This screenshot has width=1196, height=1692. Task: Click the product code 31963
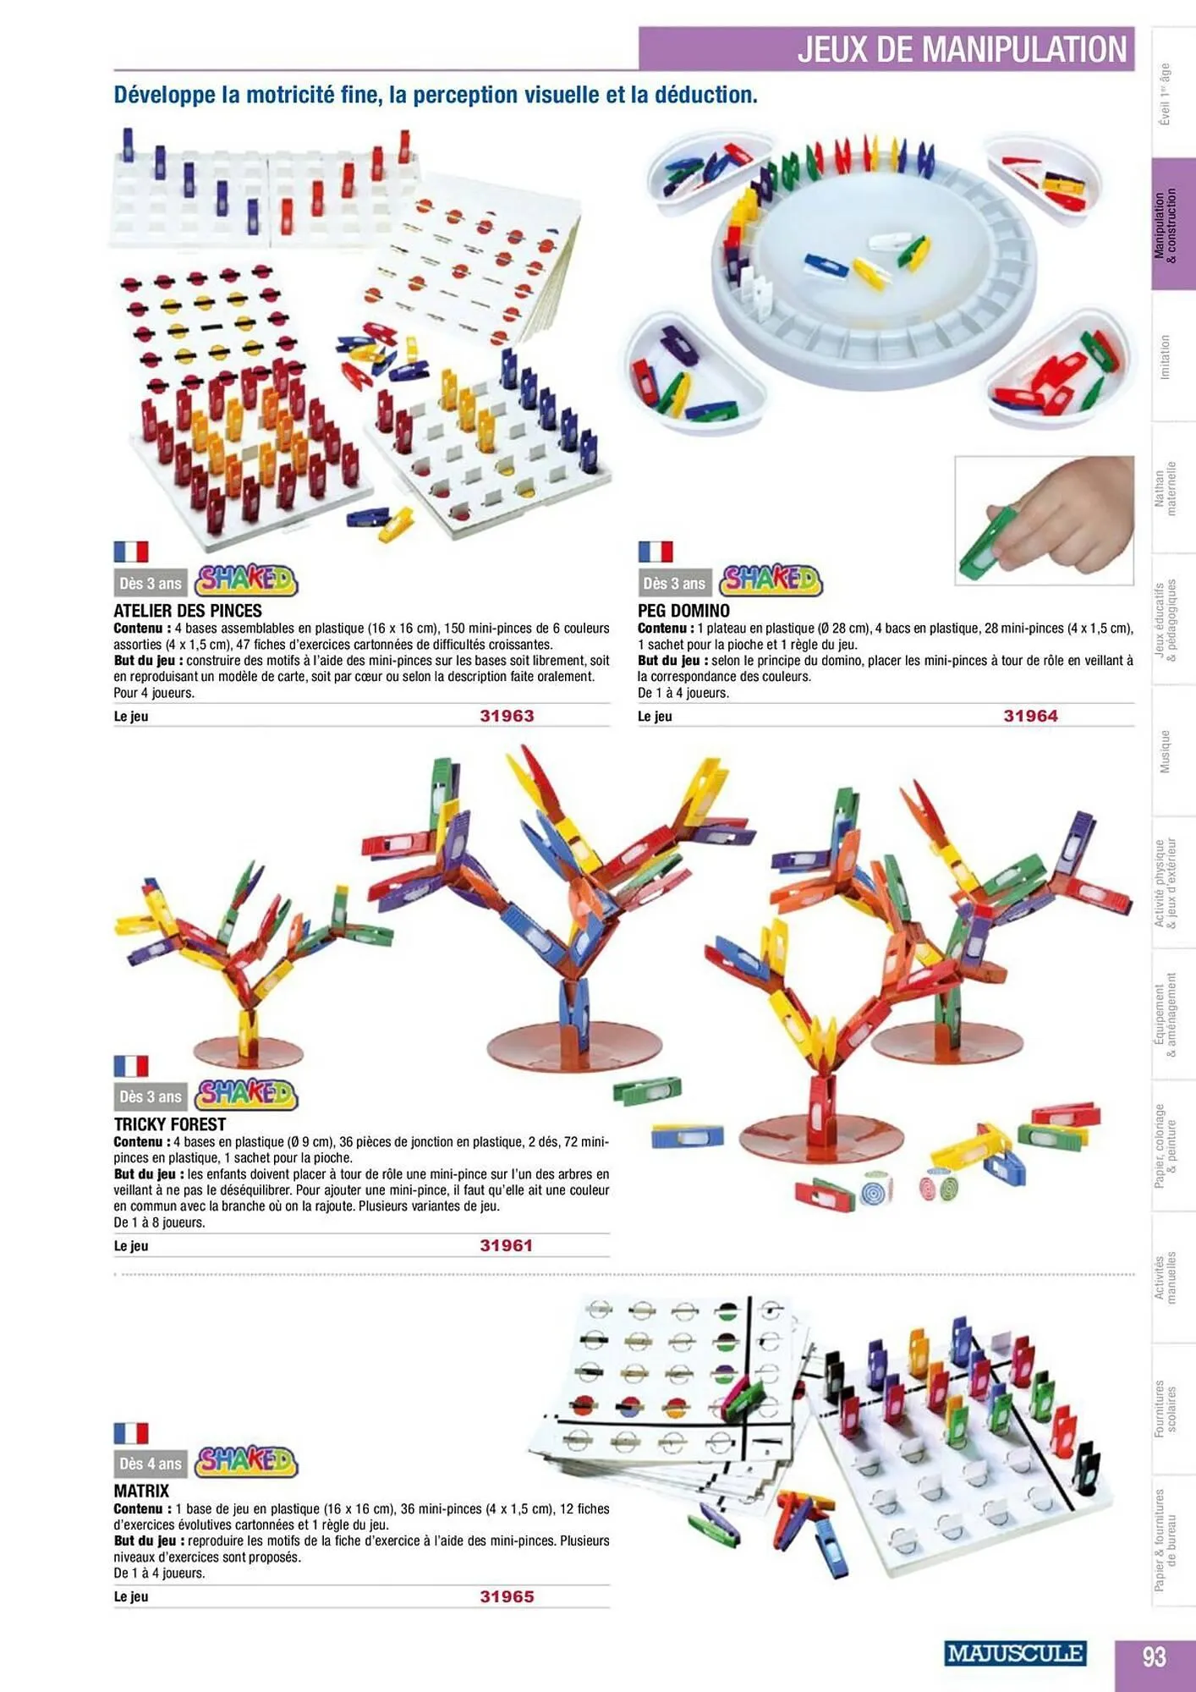click(x=507, y=716)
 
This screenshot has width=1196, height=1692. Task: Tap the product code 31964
click(x=1030, y=716)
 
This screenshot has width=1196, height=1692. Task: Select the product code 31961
click(x=506, y=1245)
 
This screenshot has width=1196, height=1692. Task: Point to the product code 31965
click(x=507, y=1596)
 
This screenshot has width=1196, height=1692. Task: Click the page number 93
click(x=1154, y=1656)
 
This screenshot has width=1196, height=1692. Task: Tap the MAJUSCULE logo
click(x=1014, y=1653)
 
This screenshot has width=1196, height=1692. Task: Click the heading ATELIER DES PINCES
click(x=188, y=611)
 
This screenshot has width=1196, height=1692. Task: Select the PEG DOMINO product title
click(x=683, y=611)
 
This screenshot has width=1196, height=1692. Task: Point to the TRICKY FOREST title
click(x=170, y=1124)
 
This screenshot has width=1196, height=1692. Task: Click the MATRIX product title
click(x=141, y=1491)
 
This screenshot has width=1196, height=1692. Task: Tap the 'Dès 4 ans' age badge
click(x=151, y=1464)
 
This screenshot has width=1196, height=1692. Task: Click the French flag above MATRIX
click(x=131, y=1433)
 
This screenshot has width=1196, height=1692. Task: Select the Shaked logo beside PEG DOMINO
click(x=771, y=581)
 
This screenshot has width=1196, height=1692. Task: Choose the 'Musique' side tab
click(x=1165, y=751)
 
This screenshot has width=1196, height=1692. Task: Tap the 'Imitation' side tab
click(x=1165, y=356)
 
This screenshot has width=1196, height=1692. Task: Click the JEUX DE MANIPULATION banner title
click(x=962, y=49)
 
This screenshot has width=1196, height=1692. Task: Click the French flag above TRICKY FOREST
click(x=131, y=1066)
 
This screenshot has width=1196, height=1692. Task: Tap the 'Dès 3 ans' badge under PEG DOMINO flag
click(x=674, y=584)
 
